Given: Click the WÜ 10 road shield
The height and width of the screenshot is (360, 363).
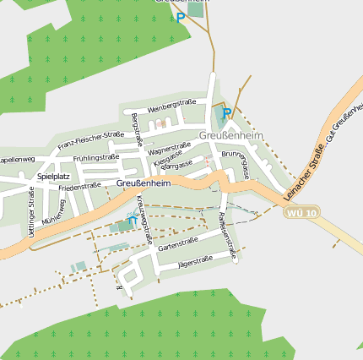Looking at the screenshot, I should (302, 212).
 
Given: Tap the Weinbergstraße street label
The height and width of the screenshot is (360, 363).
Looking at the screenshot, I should (172, 106).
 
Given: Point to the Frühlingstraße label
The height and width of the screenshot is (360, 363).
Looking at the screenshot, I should (96, 158).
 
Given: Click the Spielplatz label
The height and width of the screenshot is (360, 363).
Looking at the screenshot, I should (53, 177).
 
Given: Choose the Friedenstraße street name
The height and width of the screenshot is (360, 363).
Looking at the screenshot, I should (79, 186).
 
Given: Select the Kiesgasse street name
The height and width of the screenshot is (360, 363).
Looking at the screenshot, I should (167, 158).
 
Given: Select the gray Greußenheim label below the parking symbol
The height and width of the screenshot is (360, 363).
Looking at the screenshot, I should (231, 135).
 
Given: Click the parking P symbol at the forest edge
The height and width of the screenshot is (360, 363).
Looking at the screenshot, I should (180, 17).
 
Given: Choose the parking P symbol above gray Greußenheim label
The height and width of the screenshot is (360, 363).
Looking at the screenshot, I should (226, 113).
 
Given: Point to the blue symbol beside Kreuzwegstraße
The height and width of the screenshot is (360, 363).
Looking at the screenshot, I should (132, 220).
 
